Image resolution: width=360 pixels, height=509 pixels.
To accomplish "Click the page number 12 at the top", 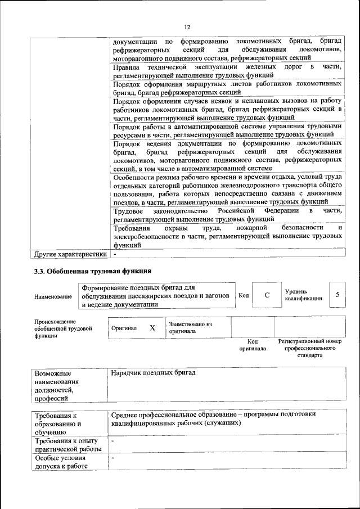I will click(x=187, y=27).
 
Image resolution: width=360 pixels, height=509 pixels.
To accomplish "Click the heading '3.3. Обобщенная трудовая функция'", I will click(x=93, y=272).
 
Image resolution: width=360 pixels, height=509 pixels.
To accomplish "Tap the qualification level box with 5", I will click(x=337, y=295).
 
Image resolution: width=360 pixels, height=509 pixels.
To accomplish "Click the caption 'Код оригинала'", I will click(x=253, y=345).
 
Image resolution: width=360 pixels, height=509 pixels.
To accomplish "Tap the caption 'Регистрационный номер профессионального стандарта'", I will click(x=310, y=348).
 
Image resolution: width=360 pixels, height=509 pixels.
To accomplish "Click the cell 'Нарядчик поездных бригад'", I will click(x=153, y=373).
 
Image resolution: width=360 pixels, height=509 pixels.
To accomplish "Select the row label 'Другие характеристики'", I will click(x=70, y=254).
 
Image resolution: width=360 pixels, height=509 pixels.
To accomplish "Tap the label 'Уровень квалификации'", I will click(x=303, y=295).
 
